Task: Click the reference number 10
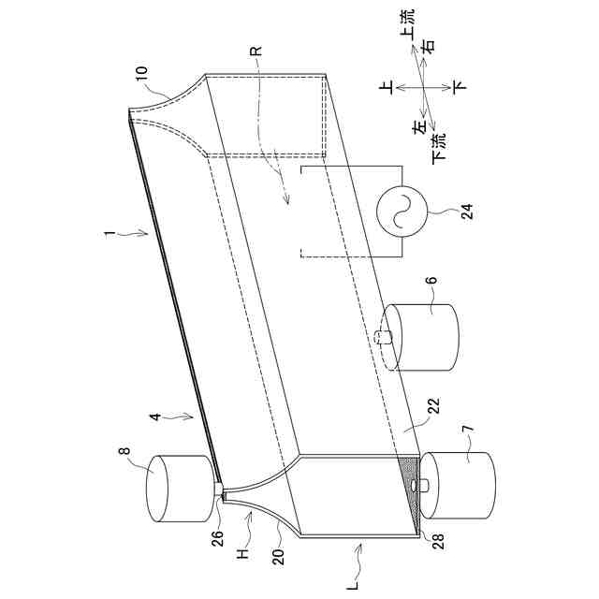click(141, 76)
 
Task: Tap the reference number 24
click(468, 212)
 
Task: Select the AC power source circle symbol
click(401, 212)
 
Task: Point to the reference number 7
click(470, 428)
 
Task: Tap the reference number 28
click(438, 540)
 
